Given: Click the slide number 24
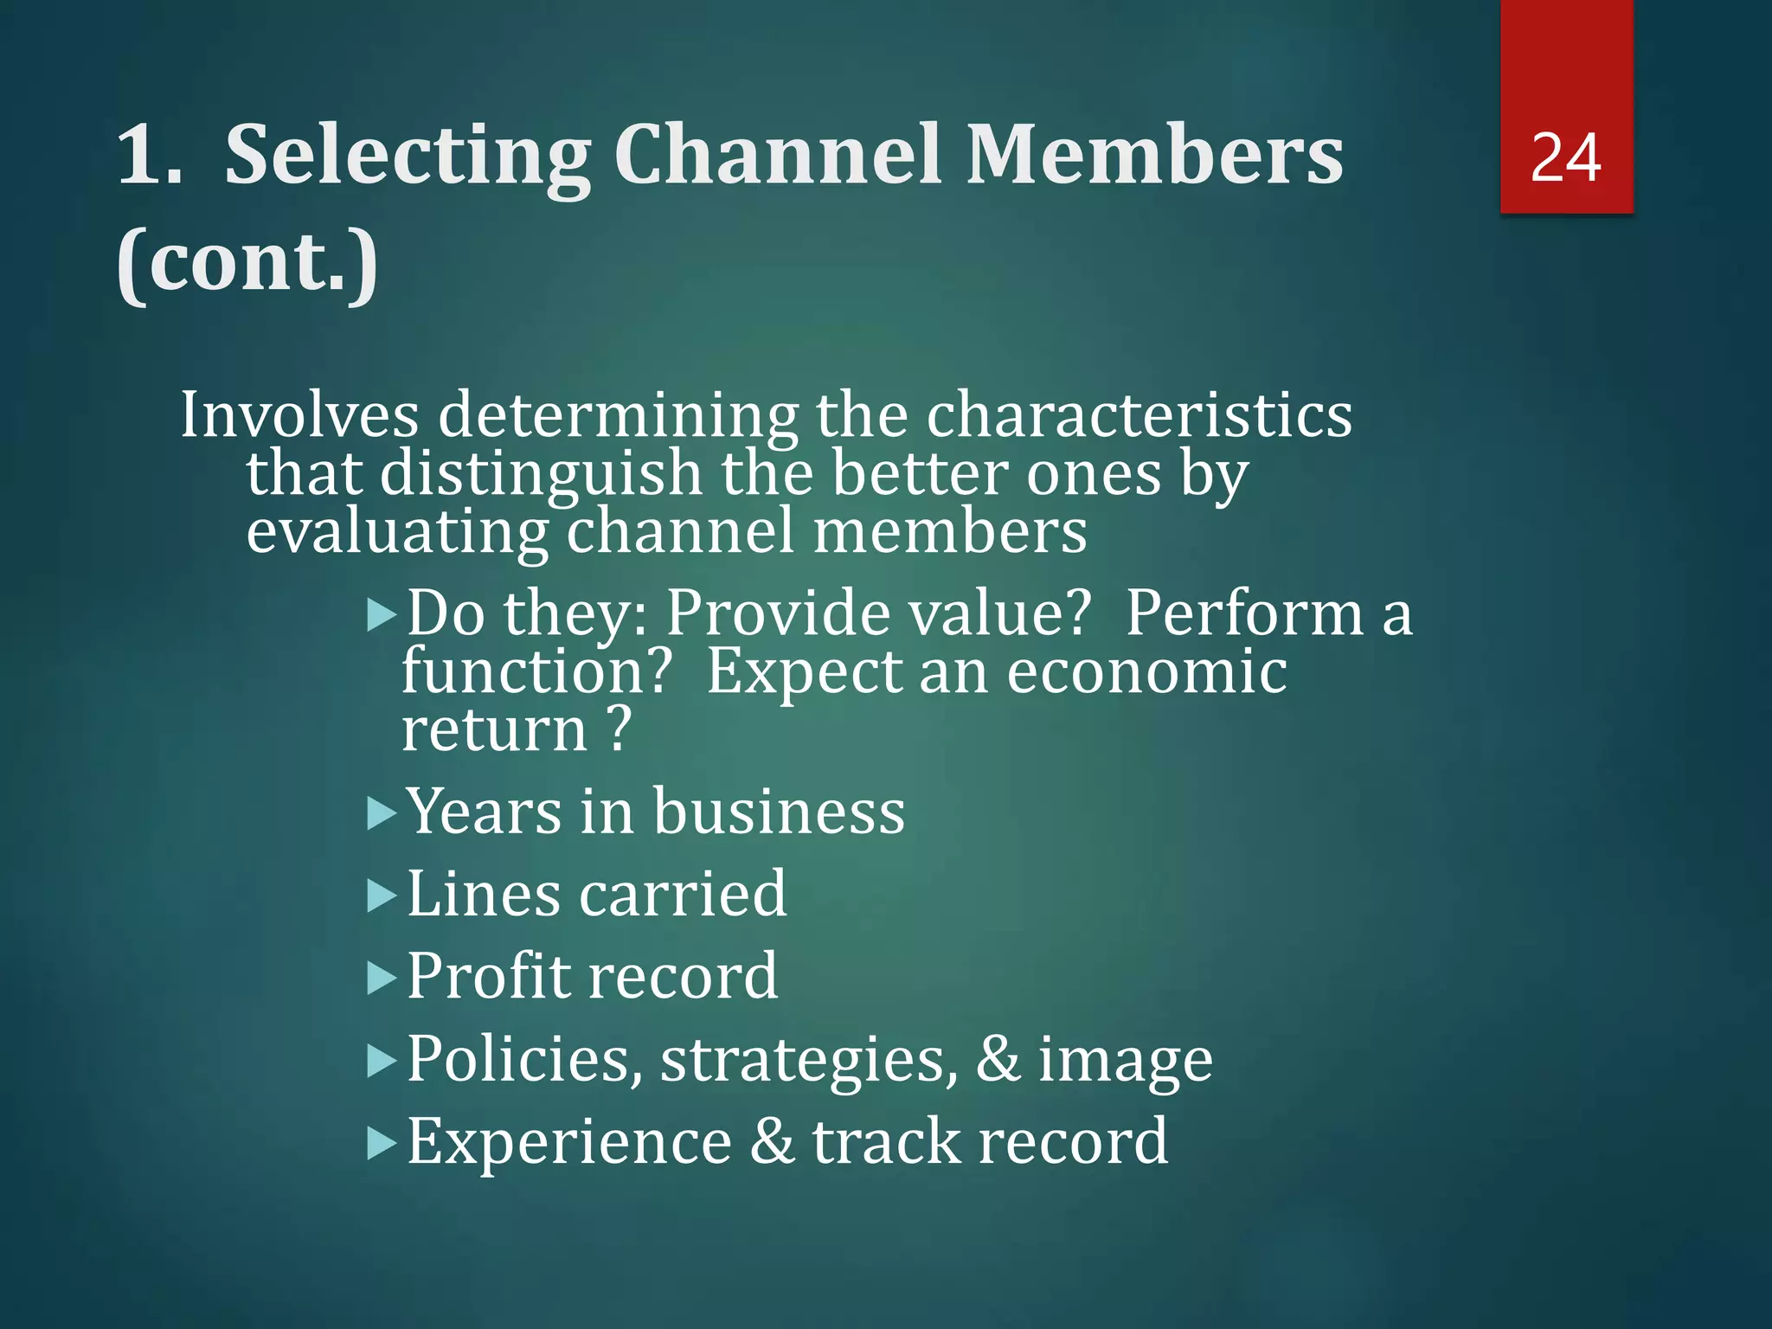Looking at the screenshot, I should [x=1565, y=157].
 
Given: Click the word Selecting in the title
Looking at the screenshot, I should [x=407, y=156].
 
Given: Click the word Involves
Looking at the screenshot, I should [x=299, y=414].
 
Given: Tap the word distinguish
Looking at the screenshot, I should [x=541, y=474].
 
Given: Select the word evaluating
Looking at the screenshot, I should [x=397, y=531].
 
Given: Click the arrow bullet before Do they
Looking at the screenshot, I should [x=382, y=616].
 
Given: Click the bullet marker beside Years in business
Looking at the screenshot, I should [x=382, y=814].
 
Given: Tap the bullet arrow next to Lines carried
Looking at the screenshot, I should [x=382, y=896].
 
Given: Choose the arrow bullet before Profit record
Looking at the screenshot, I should [x=382, y=979].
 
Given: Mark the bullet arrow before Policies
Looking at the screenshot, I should [x=382, y=1061].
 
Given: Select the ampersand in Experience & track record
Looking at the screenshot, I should [x=772, y=1141].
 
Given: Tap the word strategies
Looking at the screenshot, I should [x=809, y=1061].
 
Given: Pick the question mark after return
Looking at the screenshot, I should [x=619, y=729].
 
